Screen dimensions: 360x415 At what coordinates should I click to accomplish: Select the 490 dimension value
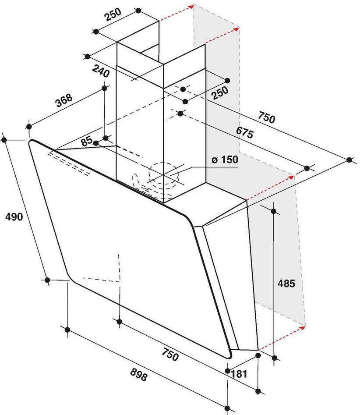(x=14, y=216)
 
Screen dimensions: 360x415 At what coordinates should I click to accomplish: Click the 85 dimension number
(x=87, y=141)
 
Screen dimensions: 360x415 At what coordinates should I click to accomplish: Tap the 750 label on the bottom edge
(x=170, y=354)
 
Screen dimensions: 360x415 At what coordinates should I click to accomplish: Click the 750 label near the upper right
(x=266, y=118)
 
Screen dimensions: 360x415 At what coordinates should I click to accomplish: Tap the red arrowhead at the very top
(x=191, y=7)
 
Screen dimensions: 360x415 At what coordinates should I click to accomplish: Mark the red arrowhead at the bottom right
(x=302, y=327)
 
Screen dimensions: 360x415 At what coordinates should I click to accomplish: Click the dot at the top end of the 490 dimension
(x=4, y=139)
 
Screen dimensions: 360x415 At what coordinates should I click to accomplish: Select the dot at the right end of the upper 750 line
(x=349, y=160)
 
